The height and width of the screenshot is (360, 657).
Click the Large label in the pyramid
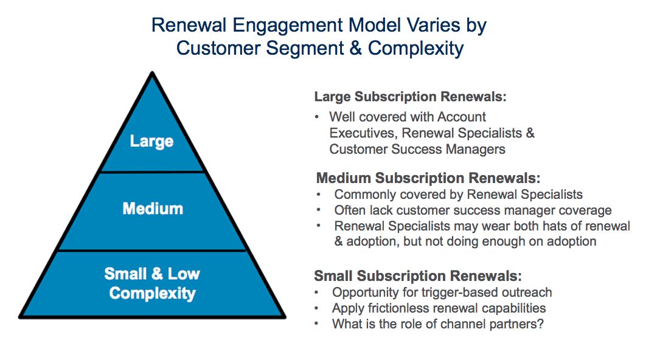click(151, 141)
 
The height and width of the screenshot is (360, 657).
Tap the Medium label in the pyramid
click(153, 209)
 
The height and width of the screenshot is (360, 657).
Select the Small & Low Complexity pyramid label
click(152, 283)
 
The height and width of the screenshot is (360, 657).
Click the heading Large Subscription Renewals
click(410, 97)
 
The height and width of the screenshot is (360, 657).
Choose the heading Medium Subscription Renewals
click(428, 178)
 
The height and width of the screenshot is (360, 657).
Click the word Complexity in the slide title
click(415, 47)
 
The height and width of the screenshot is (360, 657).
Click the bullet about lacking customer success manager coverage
click(473, 210)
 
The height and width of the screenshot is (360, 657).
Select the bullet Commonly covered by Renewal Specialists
click(458, 195)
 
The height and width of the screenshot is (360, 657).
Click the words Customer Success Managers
click(417, 149)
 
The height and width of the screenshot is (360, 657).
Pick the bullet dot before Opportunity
click(317, 292)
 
